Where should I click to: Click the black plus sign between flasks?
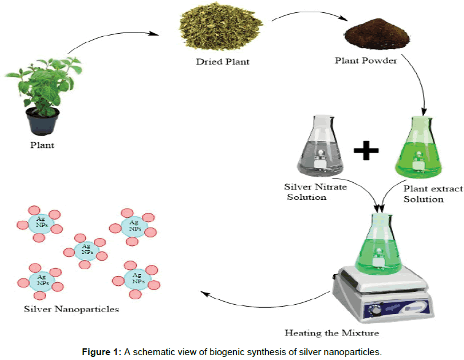(366, 149)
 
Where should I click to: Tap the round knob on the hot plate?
(374, 312)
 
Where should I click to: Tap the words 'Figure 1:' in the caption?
(102, 352)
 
